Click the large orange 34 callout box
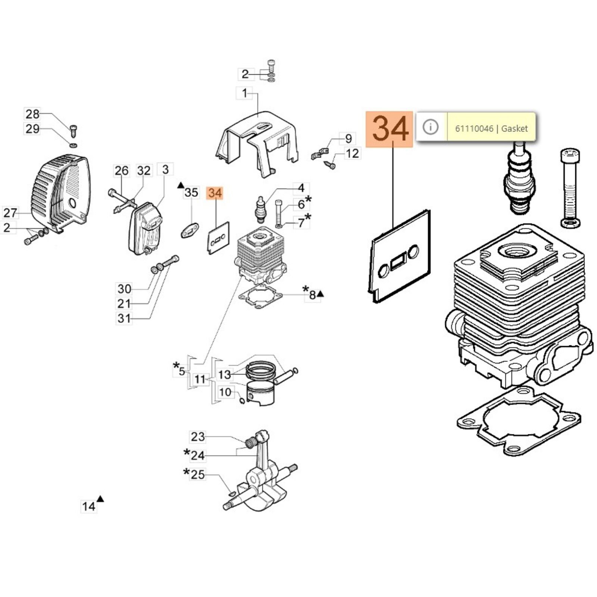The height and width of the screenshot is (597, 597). click(x=389, y=129)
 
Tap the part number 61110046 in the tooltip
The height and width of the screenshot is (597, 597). click(x=474, y=129)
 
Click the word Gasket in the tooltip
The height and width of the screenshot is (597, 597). click(x=515, y=129)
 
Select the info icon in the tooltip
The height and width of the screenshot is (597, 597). click(x=431, y=127)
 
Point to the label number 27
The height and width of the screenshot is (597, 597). click(x=10, y=213)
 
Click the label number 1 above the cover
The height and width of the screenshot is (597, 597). click(x=244, y=93)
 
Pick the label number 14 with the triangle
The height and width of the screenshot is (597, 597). click(x=89, y=506)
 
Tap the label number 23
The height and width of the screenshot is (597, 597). click(x=198, y=437)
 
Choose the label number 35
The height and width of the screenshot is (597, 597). click(x=191, y=193)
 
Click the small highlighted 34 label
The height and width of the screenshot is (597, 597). click(x=215, y=193)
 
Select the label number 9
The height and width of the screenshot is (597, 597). click(x=348, y=139)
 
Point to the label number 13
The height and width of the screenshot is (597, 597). click(x=225, y=374)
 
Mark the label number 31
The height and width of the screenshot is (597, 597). click(x=124, y=318)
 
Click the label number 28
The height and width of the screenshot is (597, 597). click(x=32, y=114)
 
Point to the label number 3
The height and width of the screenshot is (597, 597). click(x=165, y=169)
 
